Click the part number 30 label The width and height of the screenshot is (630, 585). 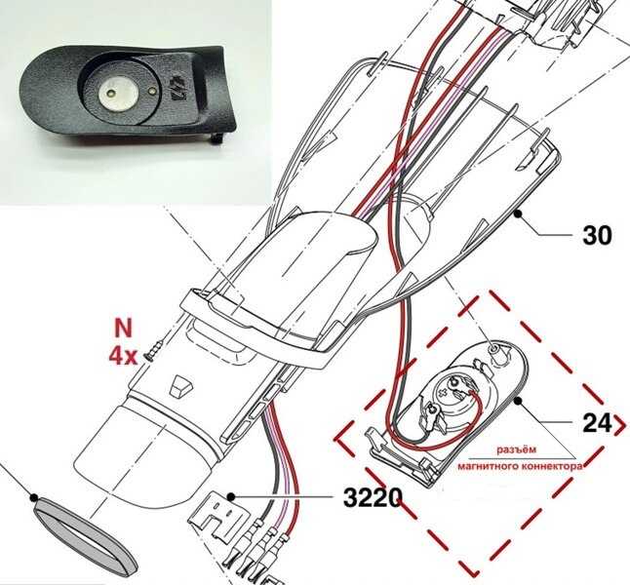(597, 235)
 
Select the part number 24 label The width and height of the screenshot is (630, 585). (597, 423)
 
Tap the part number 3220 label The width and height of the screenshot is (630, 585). (373, 498)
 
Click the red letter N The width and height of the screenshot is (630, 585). (123, 329)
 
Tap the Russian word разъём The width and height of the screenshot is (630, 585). (516, 449)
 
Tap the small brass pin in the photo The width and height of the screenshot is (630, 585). (150, 92)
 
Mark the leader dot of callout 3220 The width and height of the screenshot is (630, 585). (230, 497)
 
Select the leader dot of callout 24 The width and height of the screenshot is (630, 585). (518, 401)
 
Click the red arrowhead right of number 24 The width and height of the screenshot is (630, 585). (621, 423)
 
